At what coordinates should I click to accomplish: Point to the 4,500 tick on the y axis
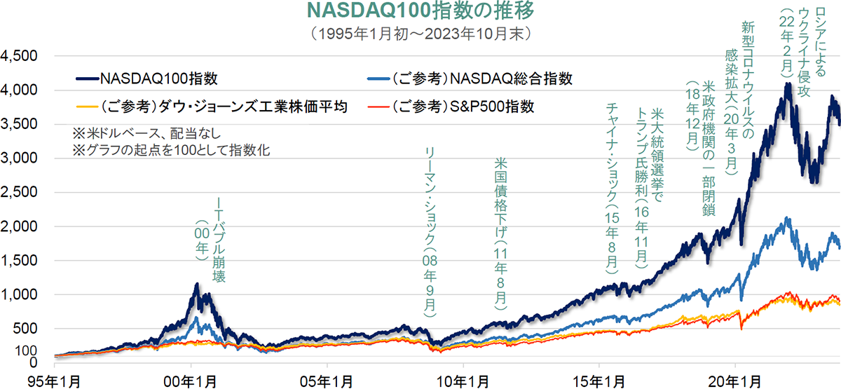(x=22, y=56)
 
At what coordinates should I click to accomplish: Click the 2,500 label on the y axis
(x=22, y=192)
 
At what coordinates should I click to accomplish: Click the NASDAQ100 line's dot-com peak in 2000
(x=197, y=285)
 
